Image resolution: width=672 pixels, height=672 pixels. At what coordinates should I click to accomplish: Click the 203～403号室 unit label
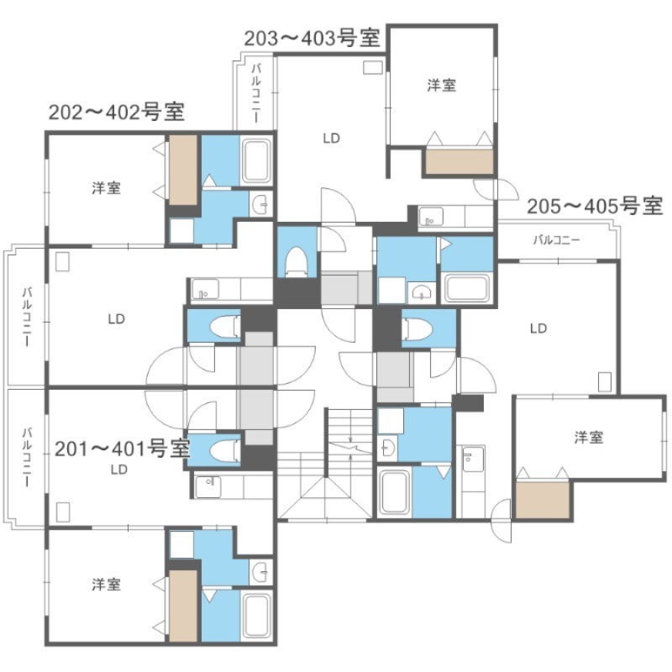coord(312,39)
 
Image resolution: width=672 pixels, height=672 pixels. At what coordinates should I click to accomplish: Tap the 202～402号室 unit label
coord(117,113)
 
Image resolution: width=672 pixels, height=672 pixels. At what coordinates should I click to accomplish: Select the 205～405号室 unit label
coord(595,206)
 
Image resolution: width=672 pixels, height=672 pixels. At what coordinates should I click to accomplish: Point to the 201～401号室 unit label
coord(123,449)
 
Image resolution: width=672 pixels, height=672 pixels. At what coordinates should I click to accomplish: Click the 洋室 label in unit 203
coord(442,86)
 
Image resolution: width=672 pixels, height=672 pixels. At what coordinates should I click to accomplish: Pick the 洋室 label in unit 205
coord(589,438)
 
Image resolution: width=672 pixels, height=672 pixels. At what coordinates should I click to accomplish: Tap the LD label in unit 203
coord(331,138)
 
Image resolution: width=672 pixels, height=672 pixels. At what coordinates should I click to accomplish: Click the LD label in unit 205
coord(538,328)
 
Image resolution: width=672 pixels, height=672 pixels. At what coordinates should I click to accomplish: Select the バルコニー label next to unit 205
coord(556,240)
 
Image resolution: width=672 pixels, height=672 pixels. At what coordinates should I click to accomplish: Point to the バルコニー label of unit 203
coord(256,93)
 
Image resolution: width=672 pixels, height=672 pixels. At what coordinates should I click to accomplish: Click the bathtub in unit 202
coord(256,161)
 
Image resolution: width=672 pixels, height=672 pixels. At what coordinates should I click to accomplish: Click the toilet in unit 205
coord(417,328)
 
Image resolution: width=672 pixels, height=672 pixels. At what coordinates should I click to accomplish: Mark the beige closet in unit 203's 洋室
coord(459,161)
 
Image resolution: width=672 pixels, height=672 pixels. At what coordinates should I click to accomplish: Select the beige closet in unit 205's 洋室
coord(543,500)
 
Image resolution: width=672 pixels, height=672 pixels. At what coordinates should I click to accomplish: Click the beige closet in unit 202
coord(183,171)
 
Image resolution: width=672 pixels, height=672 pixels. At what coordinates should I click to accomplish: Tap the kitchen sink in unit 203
coord(431,217)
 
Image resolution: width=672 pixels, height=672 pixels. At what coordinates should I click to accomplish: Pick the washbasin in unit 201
coord(260,572)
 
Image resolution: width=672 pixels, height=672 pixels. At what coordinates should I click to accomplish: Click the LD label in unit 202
coord(116,319)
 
